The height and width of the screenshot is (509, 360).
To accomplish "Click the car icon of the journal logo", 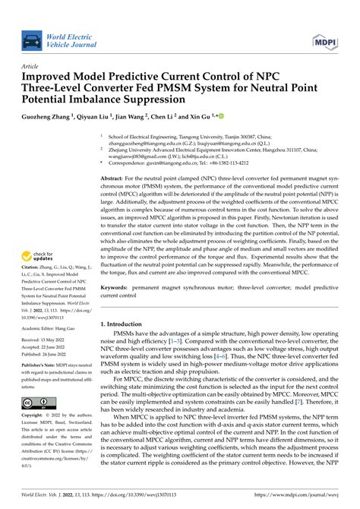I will tap(33, 39).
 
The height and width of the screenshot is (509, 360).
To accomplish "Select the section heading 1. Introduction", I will tap(126, 324).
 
